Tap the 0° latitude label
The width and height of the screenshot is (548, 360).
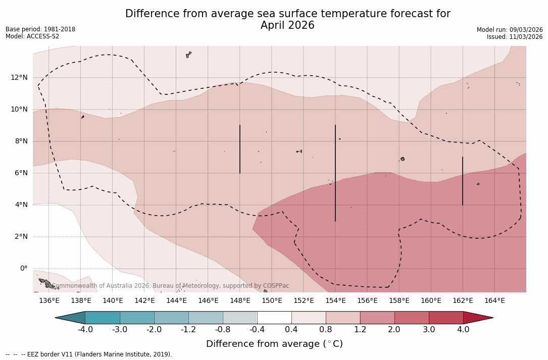point(23,268)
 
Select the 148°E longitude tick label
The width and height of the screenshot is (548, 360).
point(240,300)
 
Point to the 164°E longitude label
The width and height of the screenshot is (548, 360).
point(494,300)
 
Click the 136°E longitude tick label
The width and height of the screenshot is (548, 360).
point(49,300)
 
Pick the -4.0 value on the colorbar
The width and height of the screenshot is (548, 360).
point(85,330)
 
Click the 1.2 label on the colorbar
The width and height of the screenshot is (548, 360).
point(360,330)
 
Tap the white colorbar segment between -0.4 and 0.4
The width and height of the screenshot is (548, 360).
point(274,318)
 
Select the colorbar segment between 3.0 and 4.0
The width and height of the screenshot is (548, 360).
point(446,318)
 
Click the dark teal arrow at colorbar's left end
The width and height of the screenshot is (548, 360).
point(71,318)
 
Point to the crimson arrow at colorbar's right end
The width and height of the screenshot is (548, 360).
point(477,318)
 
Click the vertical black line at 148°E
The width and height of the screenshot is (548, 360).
point(240,149)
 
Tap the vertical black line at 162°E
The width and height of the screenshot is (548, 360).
point(463,181)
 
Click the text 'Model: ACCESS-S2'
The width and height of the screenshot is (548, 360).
point(32,36)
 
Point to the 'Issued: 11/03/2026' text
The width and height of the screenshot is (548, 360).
point(515,37)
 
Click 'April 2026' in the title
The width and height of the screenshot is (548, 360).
point(287,25)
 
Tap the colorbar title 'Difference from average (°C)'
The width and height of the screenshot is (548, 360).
point(274,344)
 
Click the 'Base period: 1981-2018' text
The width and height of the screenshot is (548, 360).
point(40,29)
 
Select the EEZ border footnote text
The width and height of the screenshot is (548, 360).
point(89,354)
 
